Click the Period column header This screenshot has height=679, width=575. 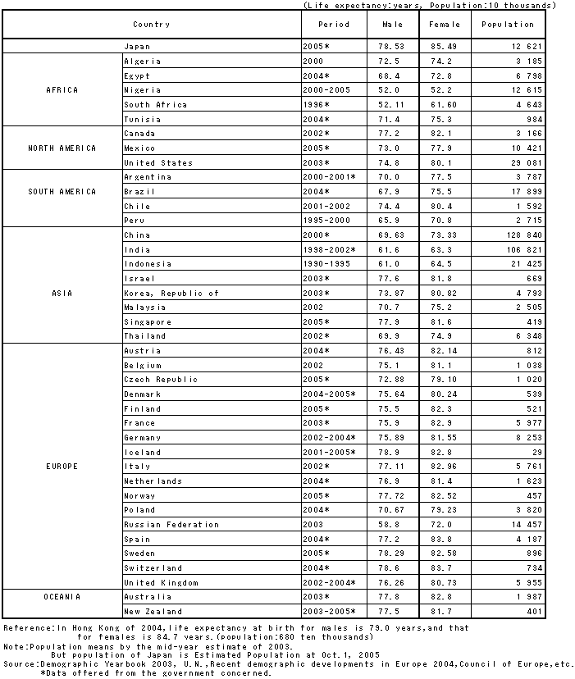333,25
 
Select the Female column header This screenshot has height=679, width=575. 445,25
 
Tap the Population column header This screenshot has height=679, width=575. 508,25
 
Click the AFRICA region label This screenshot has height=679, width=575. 62,90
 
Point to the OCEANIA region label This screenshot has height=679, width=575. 62,597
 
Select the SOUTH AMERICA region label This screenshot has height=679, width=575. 62,192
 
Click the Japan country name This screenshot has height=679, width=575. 137,47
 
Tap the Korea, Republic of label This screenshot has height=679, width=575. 171,293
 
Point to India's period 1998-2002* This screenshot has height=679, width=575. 330,249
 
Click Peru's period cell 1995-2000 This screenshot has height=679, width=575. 326,221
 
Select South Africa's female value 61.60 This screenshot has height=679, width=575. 445,105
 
